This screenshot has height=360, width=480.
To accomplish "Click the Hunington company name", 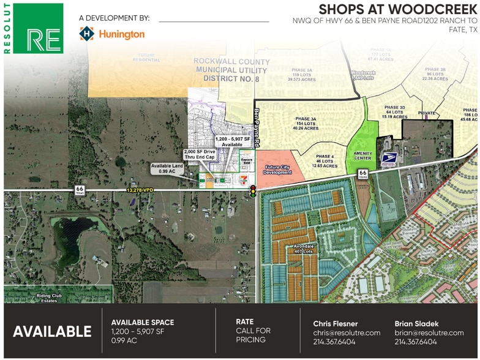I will [x=121, y=34].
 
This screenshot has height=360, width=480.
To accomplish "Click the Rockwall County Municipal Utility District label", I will [x=231, y=70].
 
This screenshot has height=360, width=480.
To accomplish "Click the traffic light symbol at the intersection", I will [x=252, y=192].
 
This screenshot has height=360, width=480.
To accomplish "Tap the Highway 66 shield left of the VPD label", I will [x=80, y=189].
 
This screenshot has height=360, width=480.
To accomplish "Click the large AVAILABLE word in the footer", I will [x=52, y=331].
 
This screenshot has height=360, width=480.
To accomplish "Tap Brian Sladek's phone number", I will [x=416, y=342].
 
